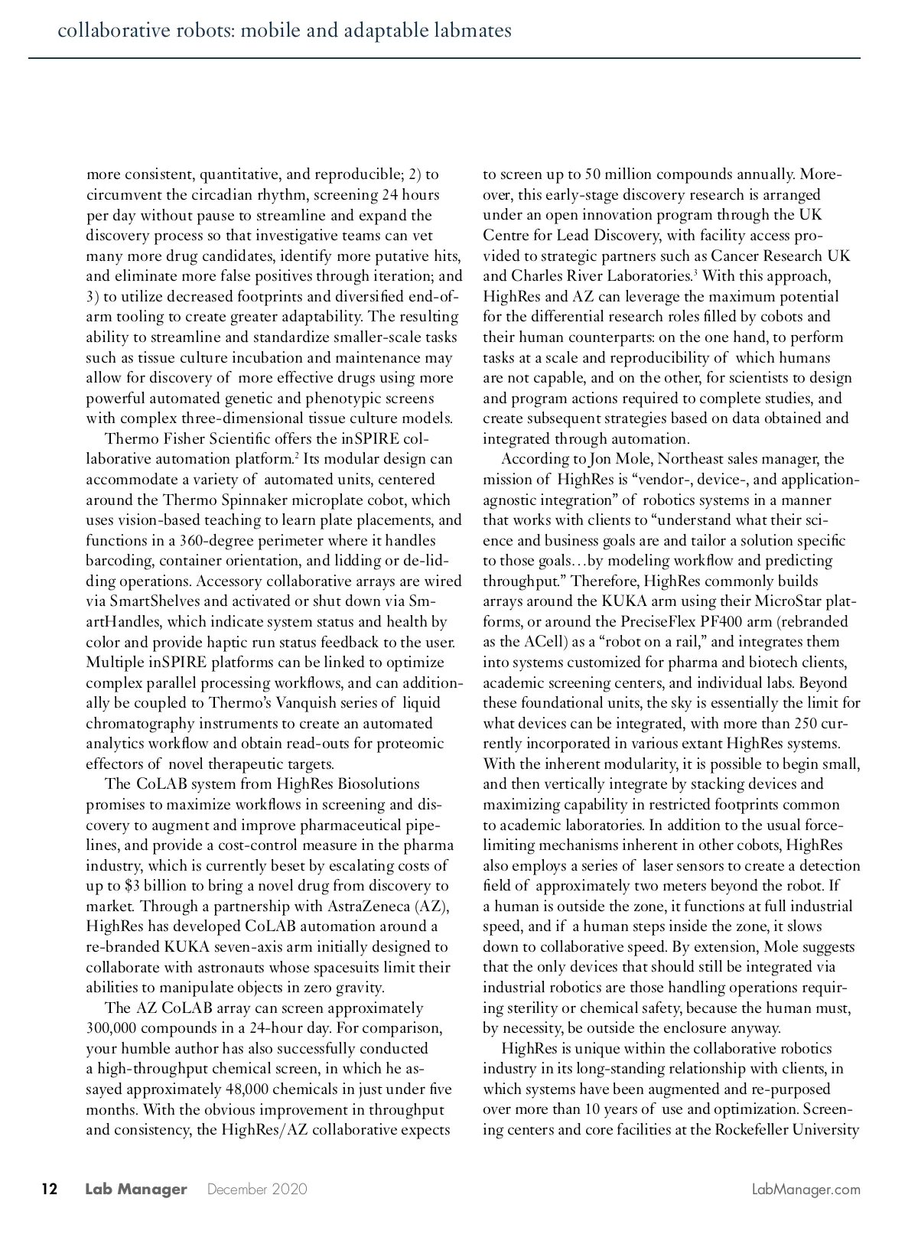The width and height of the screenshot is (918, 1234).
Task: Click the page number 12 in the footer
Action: pos(49,1189)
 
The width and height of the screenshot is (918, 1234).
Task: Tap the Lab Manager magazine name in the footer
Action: pos(136,1189)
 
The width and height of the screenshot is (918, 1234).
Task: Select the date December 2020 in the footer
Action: pos(257,1190)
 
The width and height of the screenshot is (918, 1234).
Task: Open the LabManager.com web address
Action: pos(806,1190)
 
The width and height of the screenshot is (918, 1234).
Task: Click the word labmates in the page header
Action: pos(475,31)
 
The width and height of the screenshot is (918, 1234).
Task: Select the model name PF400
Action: pos(724,621)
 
